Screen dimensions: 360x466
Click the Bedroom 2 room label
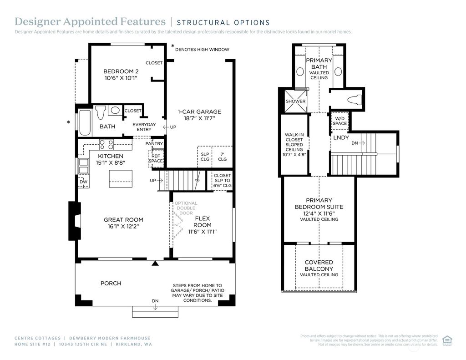(x=121, y=71)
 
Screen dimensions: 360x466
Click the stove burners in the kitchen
(x=106, y=145)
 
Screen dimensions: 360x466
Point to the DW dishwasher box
(x=83, y=182)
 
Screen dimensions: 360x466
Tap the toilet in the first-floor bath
(x=101, y=112)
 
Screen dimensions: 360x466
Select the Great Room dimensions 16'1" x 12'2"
(x=121, y=226)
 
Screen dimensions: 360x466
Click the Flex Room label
(x=203, y=222)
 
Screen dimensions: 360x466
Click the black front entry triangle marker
(x=155, y=263)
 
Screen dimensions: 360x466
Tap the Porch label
(x=111, y=283)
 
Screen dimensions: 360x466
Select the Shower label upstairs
(x=295, y=101)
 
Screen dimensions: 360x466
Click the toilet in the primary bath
(x=354, y=99)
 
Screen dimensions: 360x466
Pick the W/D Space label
(x=339, y=121)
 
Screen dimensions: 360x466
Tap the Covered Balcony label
(x=319, y=265)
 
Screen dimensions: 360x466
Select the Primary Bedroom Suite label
(x=319, y=203)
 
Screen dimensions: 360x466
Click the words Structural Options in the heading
(x=223, y=22)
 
